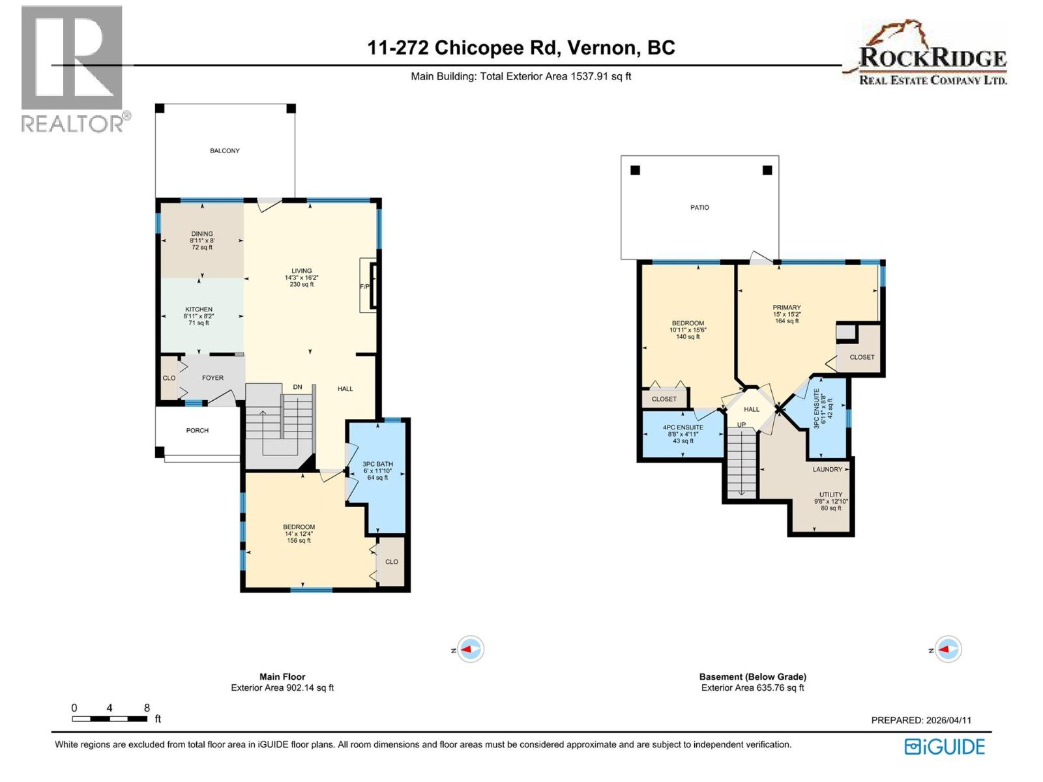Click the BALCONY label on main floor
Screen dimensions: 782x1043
coord(224,151)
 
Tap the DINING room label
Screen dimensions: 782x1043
coord(202,234)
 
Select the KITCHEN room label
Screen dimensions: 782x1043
coord(199,310)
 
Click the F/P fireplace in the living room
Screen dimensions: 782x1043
coord(365,287)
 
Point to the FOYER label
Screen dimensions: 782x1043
coord(213,378)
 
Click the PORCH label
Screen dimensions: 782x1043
coord(198,430)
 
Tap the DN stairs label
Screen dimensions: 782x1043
coord(297,387)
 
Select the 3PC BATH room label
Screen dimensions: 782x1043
coord(377,465)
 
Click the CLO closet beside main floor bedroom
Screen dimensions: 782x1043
coord(391,562)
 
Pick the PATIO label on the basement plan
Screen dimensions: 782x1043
coord(699,207)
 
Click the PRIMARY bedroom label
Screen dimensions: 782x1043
coord(787,308)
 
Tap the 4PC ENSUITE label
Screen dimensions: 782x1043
coord(683,427)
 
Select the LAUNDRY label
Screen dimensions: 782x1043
coord(827,469)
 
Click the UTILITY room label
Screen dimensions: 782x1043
coord(830,495)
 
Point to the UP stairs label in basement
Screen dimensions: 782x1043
coord(741,425)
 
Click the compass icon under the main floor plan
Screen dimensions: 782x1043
coord(470,649)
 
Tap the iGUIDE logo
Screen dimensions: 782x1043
coord(945,746)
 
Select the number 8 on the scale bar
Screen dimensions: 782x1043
coord(147,708)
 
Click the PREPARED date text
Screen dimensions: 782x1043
coord(921,720)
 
